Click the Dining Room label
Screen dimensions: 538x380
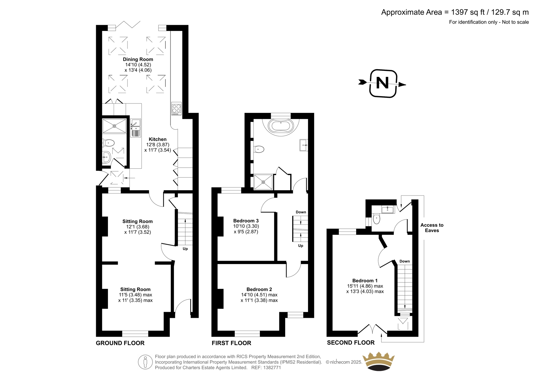(x=138, y=59)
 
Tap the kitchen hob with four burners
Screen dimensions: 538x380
(x=176, y=109)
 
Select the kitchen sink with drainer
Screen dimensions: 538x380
(x=136, y=128)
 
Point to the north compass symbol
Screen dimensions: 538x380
(x=383, y=84)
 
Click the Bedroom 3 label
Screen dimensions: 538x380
(x=246, y=221)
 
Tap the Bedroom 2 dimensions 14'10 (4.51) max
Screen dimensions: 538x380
(x=259, y=295)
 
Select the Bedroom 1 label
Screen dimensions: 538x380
(x=365, y=281)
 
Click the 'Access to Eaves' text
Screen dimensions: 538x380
(x=432, y=228)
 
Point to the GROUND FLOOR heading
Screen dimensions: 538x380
(x=120, y=343)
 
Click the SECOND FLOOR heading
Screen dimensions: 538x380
(x=351, y=343)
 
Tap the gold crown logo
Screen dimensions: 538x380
(x=379, y=362)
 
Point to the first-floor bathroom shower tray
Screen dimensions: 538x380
(x=263, y=182)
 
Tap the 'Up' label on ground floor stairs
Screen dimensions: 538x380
(x=185, y=249)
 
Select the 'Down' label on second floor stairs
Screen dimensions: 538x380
(x=405, y=261)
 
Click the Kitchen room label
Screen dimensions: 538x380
(x=158, y=139)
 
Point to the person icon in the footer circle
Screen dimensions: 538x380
(x=145, y=362)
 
